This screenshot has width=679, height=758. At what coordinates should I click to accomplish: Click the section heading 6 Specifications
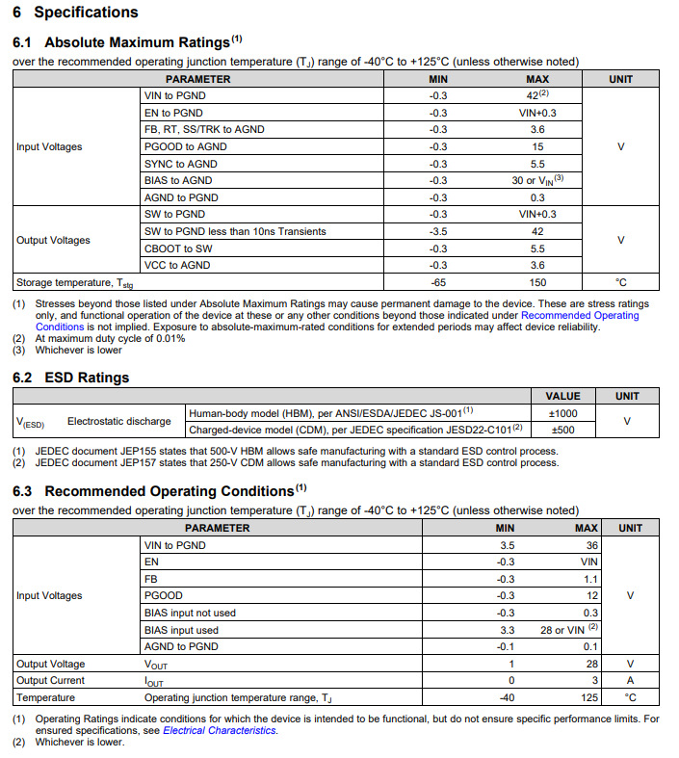coord(75,13)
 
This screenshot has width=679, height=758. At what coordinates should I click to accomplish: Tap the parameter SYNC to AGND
coord(181,164)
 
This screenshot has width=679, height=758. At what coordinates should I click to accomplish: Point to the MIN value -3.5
coord(438,231)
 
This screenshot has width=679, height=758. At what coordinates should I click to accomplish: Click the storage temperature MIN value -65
coord(438,282)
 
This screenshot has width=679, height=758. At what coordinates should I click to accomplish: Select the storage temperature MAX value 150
coord(537,282)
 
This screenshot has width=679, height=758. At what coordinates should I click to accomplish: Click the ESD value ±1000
coord(562,412)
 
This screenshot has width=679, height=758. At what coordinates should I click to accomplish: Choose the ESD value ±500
coord(562,430)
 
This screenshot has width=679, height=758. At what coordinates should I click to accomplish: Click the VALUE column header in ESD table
coord(562,396)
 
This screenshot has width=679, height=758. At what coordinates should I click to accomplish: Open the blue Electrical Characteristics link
coord(220,730)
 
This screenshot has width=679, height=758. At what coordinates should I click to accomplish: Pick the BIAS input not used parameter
coord(190,613)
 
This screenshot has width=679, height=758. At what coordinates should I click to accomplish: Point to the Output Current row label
coord(50,680)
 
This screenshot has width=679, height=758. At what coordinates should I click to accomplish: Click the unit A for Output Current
coord(630,680)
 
